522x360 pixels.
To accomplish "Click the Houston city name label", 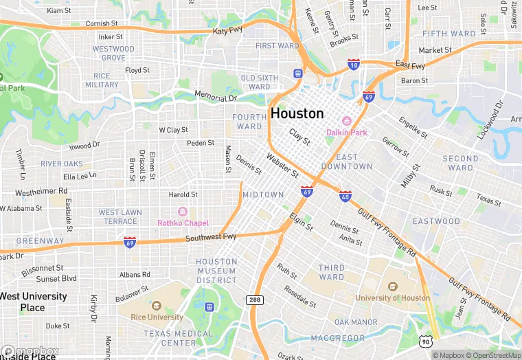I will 297,113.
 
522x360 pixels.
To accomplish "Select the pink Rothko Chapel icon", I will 183,212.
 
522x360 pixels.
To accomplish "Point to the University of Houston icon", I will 392,286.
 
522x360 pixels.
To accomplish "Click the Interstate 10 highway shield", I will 353,64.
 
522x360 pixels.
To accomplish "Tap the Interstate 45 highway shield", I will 345,196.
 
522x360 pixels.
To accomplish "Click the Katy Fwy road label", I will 227,31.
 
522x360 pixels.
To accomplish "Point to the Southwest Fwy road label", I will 211,237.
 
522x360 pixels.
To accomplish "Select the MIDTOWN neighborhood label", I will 263,195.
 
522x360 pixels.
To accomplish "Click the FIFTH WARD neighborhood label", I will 449,34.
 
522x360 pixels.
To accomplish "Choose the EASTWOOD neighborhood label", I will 436,221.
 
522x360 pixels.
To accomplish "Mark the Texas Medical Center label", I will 170,338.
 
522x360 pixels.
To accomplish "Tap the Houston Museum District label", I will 216,271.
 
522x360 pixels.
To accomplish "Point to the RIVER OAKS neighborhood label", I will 62,164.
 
